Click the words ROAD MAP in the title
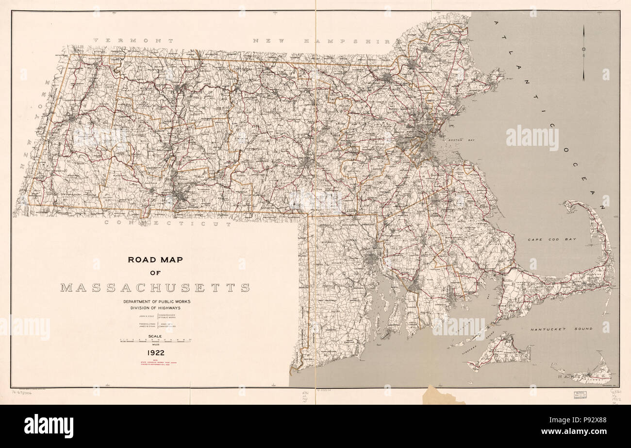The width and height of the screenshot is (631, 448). pos(155,259)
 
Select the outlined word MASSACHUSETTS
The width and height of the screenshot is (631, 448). pos(155,288)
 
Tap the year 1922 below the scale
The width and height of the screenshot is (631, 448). pos(155,353)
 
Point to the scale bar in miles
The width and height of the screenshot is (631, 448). pos(155,341)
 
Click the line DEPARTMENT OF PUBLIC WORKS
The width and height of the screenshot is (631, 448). pos(155,302)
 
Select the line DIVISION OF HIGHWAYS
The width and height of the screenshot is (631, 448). pos(155,308)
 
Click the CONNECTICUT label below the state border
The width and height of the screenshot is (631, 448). pos(168,224)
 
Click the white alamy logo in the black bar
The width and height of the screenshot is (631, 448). pos(49,426)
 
